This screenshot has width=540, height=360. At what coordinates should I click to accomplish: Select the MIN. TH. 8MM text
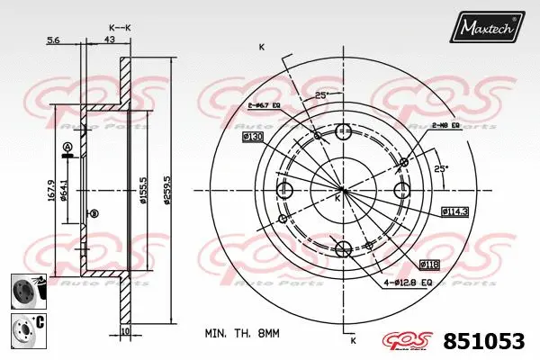[243, 333]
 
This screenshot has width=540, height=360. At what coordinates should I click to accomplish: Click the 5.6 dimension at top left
[53, 40]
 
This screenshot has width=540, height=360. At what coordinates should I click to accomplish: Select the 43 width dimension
[108, 40]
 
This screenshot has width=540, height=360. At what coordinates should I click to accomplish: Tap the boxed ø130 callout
[252, 136]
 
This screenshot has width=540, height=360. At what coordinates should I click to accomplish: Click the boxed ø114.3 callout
[454, 211]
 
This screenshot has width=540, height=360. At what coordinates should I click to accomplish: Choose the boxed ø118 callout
[430, 264]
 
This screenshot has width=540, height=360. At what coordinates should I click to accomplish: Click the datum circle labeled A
[67, 147]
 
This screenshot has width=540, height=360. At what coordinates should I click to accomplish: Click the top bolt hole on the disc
[343, 134]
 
